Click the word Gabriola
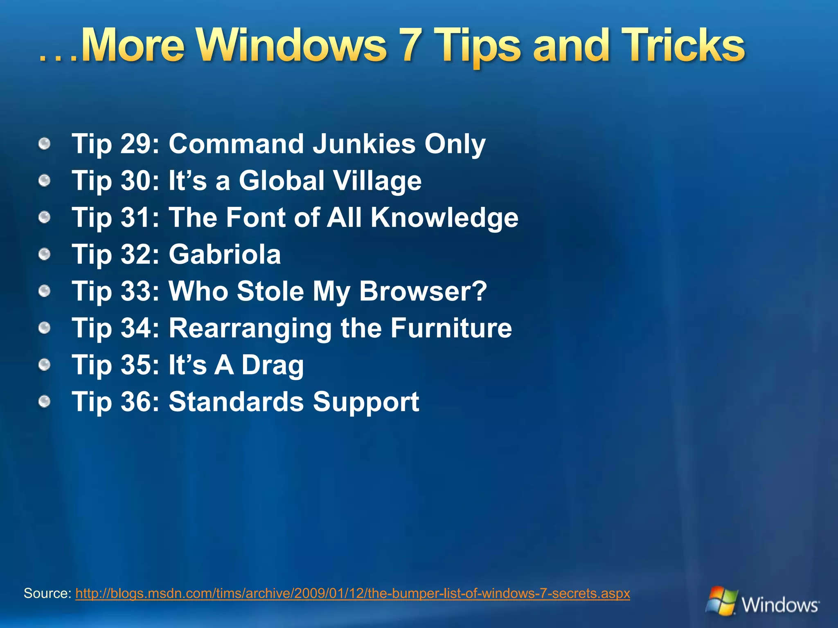click(225, 254)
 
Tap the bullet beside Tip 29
click(45, 144)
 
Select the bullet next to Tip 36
click(45, 401)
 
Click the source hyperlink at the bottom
click(352, 593)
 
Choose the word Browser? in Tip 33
click(423, 291)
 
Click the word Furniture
click(451, 328)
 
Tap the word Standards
click(237, 401)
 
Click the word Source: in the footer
click(47, 593)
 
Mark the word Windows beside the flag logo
click(780, 605)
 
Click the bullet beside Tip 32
click(45, 254)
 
